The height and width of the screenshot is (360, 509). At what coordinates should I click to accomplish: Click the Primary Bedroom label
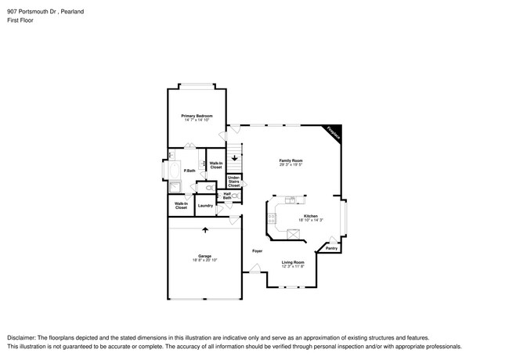tap(197, 116)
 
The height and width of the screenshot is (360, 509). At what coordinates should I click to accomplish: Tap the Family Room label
tap(291, 160)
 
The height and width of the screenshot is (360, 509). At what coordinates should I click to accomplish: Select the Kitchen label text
tap(311, 216)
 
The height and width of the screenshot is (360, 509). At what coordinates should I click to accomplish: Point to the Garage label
tap(204, 256)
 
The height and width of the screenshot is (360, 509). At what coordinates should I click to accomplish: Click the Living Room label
tap(293, 263)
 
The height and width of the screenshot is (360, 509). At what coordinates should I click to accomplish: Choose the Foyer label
tap(257, 250)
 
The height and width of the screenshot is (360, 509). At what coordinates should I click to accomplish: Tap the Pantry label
tap(332, 248)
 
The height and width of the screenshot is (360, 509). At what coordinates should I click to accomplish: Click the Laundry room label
tap(206, 206)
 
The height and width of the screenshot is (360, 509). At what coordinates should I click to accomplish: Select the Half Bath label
tap(227, 196)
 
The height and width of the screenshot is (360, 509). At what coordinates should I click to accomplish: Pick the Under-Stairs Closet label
tap(233, 182)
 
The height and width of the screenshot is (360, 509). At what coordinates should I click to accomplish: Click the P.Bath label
tap(189, 171)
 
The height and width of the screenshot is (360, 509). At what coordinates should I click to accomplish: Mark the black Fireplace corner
tap(333, 134)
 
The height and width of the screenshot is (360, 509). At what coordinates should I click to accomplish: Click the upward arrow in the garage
tap(205, 230)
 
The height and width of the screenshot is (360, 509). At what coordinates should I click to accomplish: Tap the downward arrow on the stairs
tap(233, 157)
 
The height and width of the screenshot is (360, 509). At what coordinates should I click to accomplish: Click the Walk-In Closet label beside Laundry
tap(181, 206)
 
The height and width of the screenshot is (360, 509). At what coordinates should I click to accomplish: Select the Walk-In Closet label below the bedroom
tap(216, 165)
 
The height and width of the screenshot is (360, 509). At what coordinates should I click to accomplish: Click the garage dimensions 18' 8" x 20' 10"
tap(204, 261)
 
